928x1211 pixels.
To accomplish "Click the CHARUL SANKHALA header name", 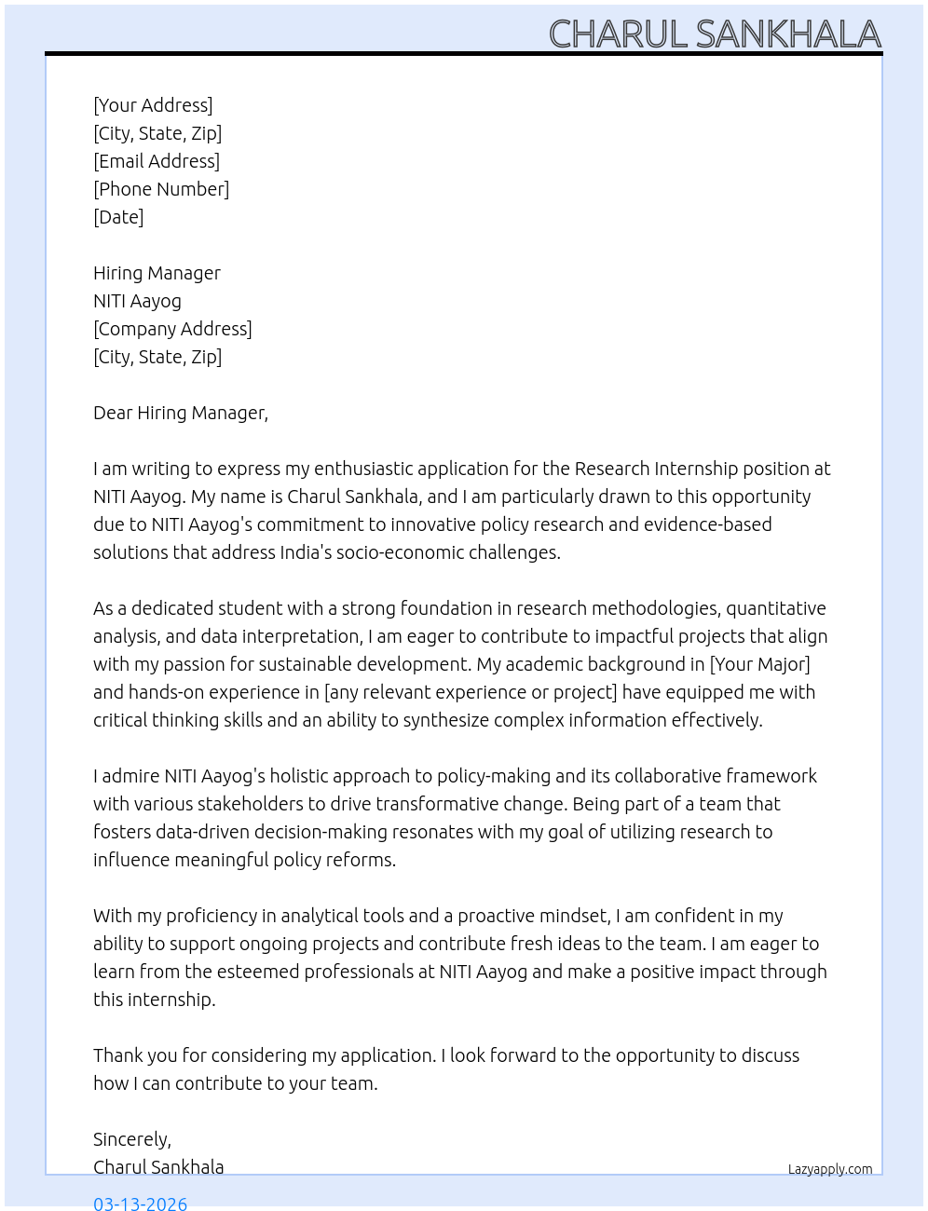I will click(715, 34).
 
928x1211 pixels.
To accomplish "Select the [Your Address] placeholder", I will click(153, 105).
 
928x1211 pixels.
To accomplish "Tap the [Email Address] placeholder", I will click(157, 161).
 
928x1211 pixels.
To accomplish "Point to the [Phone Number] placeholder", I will click(161, 189).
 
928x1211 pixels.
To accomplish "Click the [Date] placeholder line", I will click(118, 217).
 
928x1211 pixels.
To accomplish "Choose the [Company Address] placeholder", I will click(172, 329).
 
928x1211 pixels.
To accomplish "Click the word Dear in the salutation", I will click(113, 413).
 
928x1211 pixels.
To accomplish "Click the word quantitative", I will click(776, 608).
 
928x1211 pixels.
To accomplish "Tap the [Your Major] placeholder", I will click(759, 664).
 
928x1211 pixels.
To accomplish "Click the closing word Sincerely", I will click(131, 1139).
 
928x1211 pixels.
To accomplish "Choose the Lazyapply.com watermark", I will click(830, 1169).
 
